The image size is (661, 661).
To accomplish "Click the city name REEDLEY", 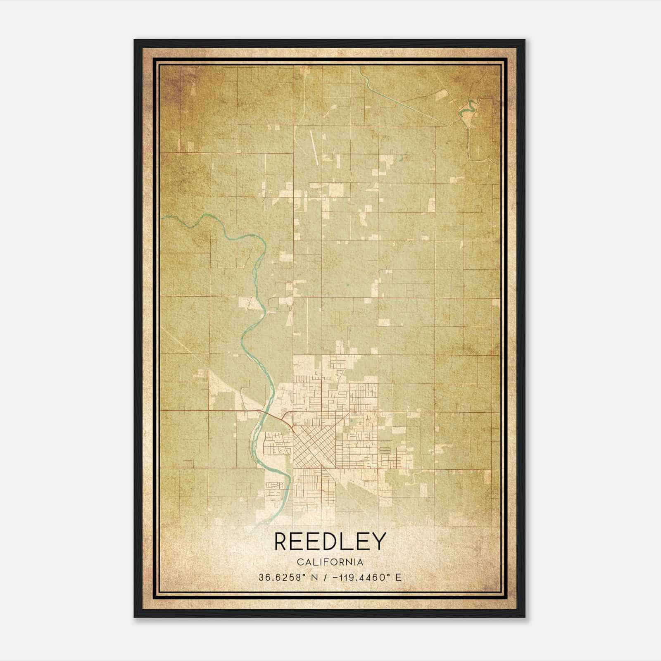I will (330, 542).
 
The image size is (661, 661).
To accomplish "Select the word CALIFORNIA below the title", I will (330, 562).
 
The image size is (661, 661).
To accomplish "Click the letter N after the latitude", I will (314, 577).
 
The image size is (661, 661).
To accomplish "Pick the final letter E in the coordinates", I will (398, 577).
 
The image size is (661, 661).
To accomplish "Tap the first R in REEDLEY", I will (281, 542).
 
